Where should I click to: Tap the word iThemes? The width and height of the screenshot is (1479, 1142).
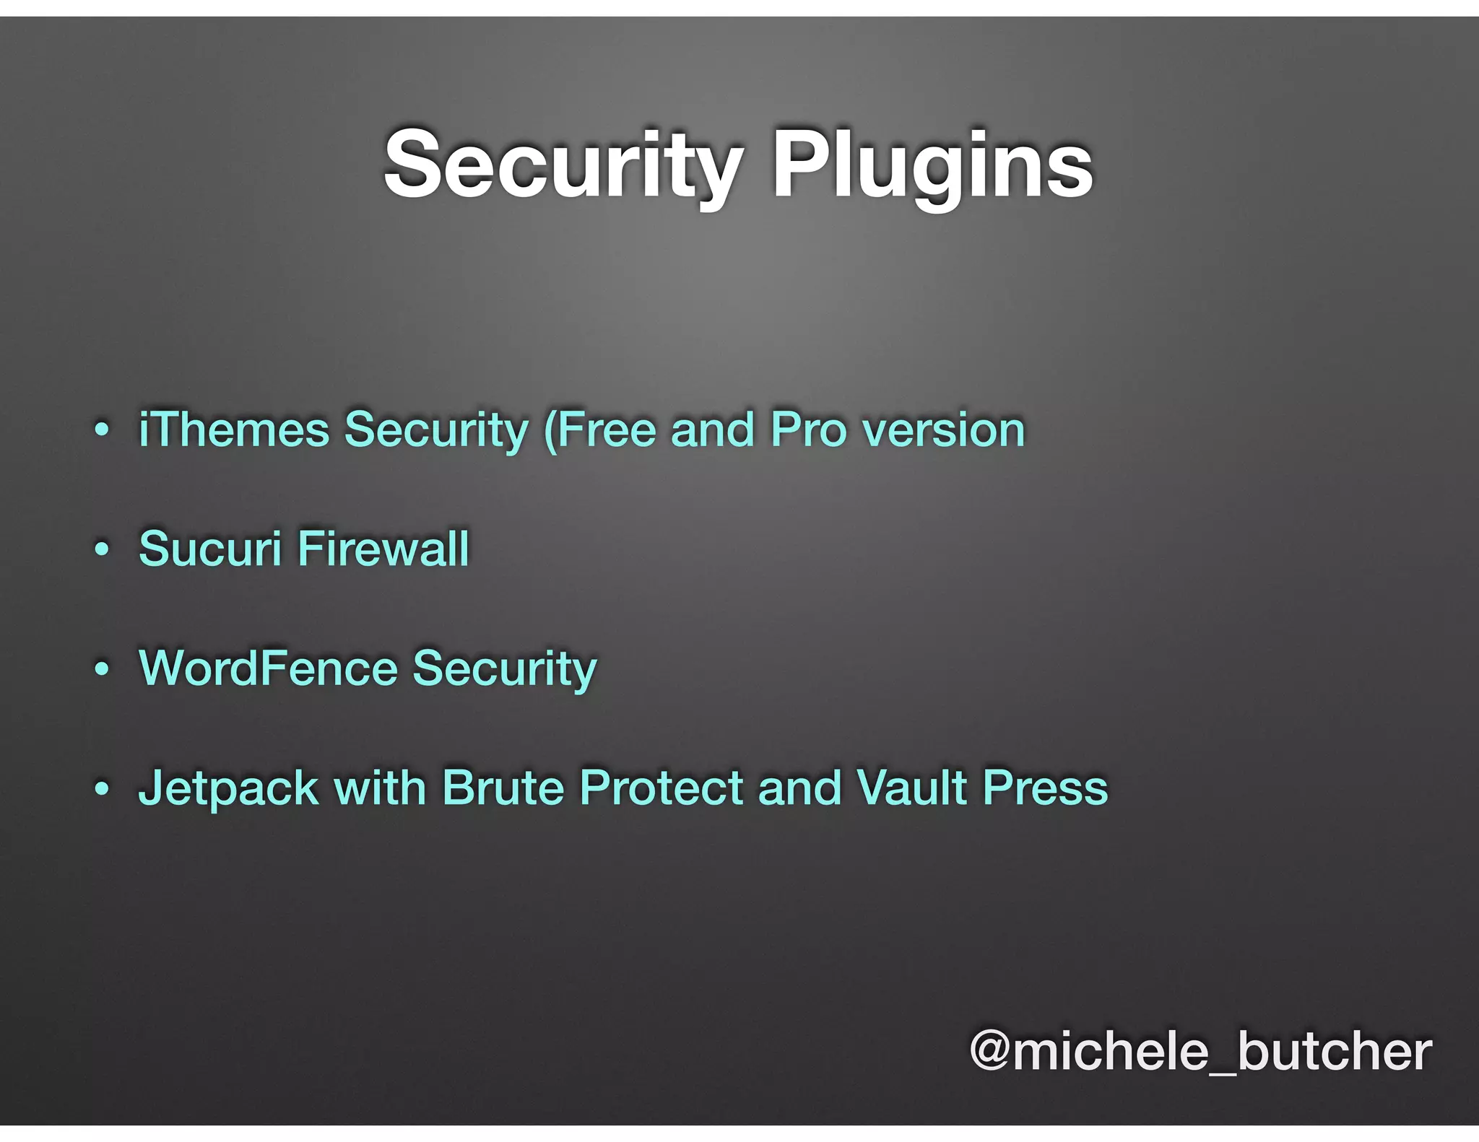pyautogui.click(x=234, y=430)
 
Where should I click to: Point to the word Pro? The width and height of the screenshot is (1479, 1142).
pyautogui.click(x=808, y=430)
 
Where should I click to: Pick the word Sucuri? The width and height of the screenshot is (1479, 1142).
pyautogui.click(x=209, y=549)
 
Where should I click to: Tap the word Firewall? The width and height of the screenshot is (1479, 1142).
pyautogui.click(x=383, y=549)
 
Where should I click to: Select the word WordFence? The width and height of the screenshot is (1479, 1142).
pyautogui.click(x=268, y=668)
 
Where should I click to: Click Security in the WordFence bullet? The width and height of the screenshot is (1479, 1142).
pyautogui.click(x=505, y=669)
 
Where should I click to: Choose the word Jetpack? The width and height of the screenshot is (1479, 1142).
pyautogui.click(x=228, y=788)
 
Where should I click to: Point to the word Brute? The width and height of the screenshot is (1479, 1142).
pyautogui.click(x=503, y=787)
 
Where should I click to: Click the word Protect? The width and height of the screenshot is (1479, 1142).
pyautogui.click(x=662, y=787)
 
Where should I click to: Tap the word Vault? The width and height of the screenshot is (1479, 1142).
pyautogui.click(x=912, y=787)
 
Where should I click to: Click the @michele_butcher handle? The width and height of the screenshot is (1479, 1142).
pyautogui.click(x=1200, y=1051)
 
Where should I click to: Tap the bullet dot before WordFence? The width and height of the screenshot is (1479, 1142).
pyautogui.click(x=102, y=669)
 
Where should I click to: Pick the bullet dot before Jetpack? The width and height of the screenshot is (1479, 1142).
pyautogui.click(x=102, y=788)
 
